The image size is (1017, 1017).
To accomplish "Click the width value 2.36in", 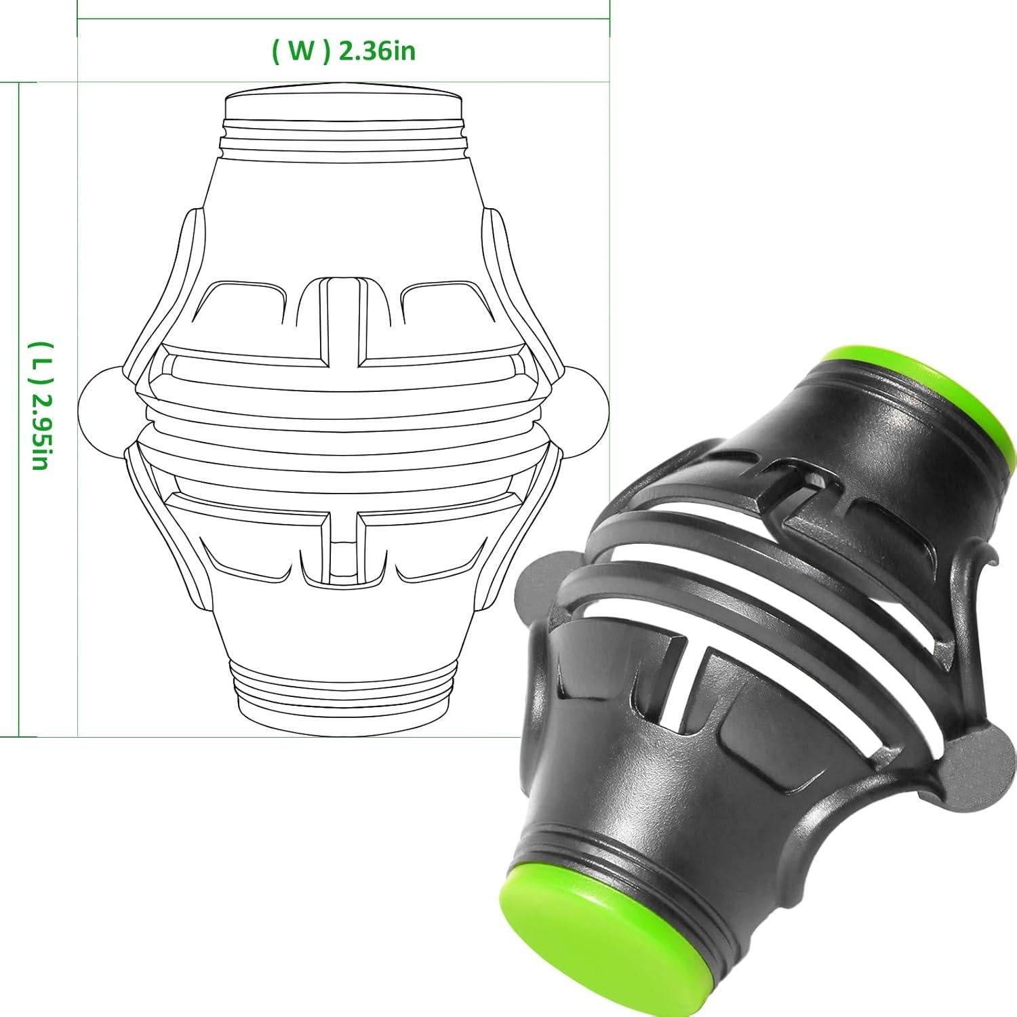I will [x=377, y=52].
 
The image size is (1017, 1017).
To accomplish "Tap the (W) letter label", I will [x=301, y=52].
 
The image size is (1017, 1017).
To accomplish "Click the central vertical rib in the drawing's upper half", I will [x=344, y=319].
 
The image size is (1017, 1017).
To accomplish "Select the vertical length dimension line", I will [x=19, y=407].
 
